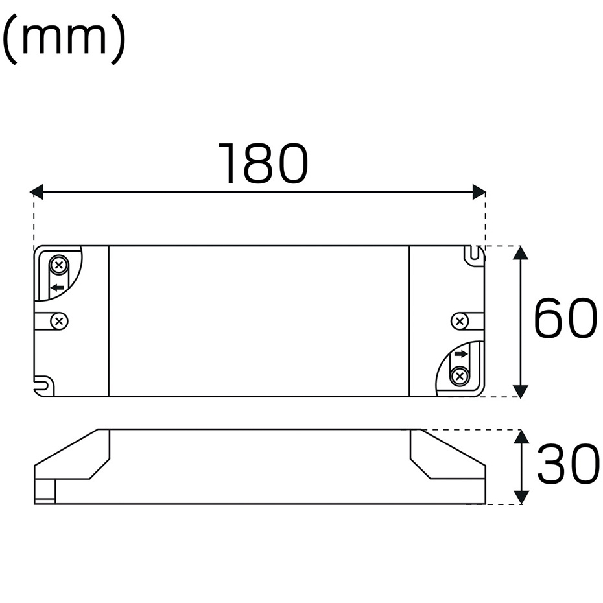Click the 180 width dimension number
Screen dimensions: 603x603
[263, 164]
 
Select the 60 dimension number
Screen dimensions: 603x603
[564, 318]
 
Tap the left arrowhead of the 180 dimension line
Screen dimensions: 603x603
[37, 192]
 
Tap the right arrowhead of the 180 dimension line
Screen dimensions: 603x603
[479, 192]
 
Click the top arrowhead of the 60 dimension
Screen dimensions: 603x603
[521, 253]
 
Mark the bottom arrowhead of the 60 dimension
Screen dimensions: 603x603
[521, 390]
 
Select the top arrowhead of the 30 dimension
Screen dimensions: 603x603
[521, 436]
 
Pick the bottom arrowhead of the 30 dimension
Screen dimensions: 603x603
[521, 497]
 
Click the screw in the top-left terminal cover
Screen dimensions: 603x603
[59, 265]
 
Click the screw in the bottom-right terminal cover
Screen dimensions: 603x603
[460, 375]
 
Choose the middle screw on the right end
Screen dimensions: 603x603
[459, 320]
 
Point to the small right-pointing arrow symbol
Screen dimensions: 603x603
[461, 354]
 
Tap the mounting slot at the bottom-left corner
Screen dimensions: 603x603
[44, 385]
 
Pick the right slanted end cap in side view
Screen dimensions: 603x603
[447, 456]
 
